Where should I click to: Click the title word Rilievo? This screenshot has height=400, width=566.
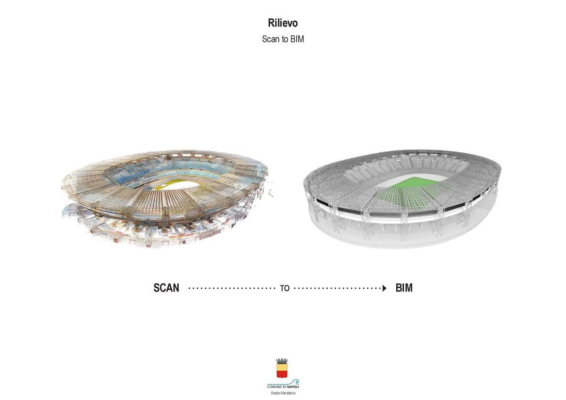283,23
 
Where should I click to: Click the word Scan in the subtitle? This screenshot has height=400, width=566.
270,39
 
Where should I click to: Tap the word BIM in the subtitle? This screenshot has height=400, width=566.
297,39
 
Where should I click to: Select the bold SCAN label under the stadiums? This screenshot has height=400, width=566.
166,288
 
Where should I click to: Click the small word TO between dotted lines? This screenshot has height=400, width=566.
284,288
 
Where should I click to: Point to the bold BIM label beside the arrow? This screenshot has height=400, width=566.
404,288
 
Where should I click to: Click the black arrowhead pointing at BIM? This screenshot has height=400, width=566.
384,288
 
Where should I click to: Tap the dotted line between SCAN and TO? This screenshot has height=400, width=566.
232,288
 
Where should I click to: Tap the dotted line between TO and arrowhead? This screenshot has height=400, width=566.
338,288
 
